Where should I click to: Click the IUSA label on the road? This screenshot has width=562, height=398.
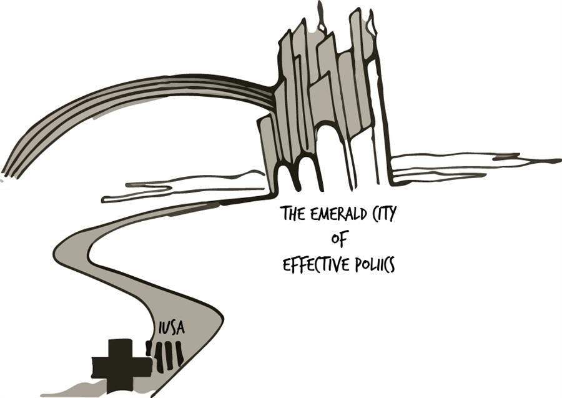tap(172, 328)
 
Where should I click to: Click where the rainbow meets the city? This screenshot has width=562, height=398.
tap(270, 94)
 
